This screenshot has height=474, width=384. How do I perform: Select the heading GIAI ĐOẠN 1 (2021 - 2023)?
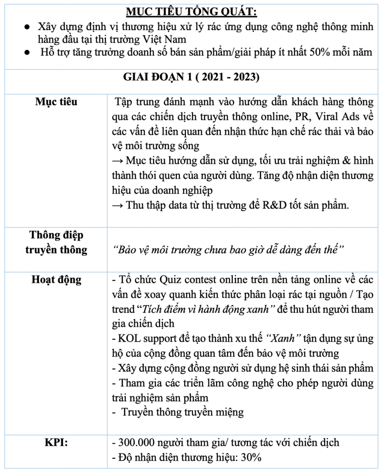tap(191, 77)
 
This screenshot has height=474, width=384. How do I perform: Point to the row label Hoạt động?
tap(56, 280)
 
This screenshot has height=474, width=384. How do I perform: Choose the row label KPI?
tap(56, 442)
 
